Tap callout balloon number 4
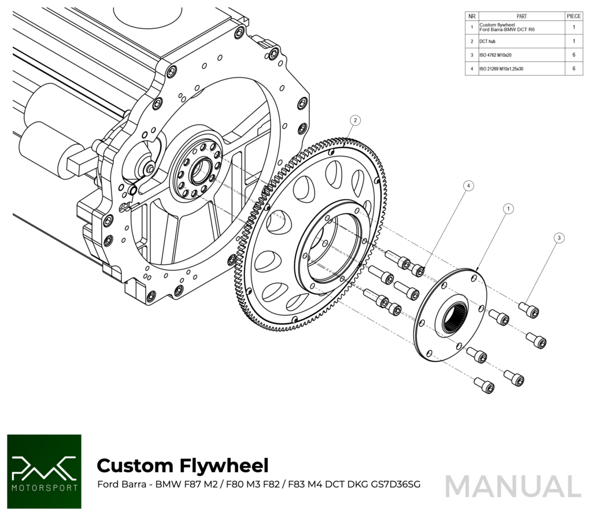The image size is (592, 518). [469, 186]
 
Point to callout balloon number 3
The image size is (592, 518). [558, 238]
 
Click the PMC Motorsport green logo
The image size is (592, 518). [44, 471]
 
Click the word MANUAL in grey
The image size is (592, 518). [513, 486]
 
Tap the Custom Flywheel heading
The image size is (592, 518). [183, 465]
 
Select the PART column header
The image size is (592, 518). [521, 16]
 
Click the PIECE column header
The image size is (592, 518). [574, 16]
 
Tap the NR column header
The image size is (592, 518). [472, 16]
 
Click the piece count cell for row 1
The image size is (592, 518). [573, 27]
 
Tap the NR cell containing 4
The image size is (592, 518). [472, 69]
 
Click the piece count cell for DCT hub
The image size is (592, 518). [573, 42]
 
